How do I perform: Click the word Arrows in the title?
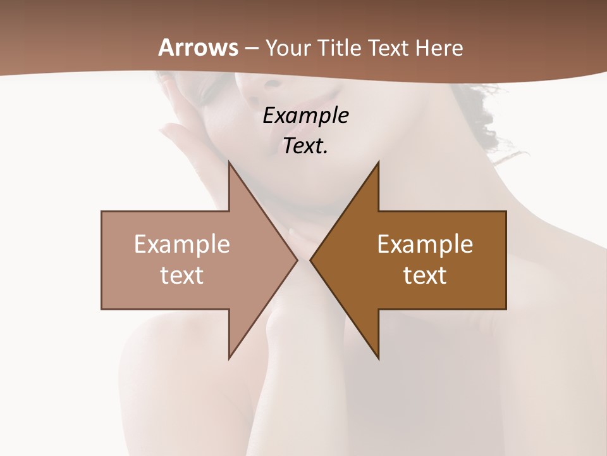point(198,47)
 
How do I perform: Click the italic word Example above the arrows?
point(305,115)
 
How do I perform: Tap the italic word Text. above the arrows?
point(305,146)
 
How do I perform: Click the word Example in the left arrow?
point(182,244)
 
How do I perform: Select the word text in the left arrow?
point(182,275)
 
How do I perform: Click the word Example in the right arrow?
point(425,244)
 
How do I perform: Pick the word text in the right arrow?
point(425,275)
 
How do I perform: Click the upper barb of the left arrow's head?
point(230,166)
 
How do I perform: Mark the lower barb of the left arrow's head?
point(230,356)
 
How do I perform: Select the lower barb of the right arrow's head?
point(378,357)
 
